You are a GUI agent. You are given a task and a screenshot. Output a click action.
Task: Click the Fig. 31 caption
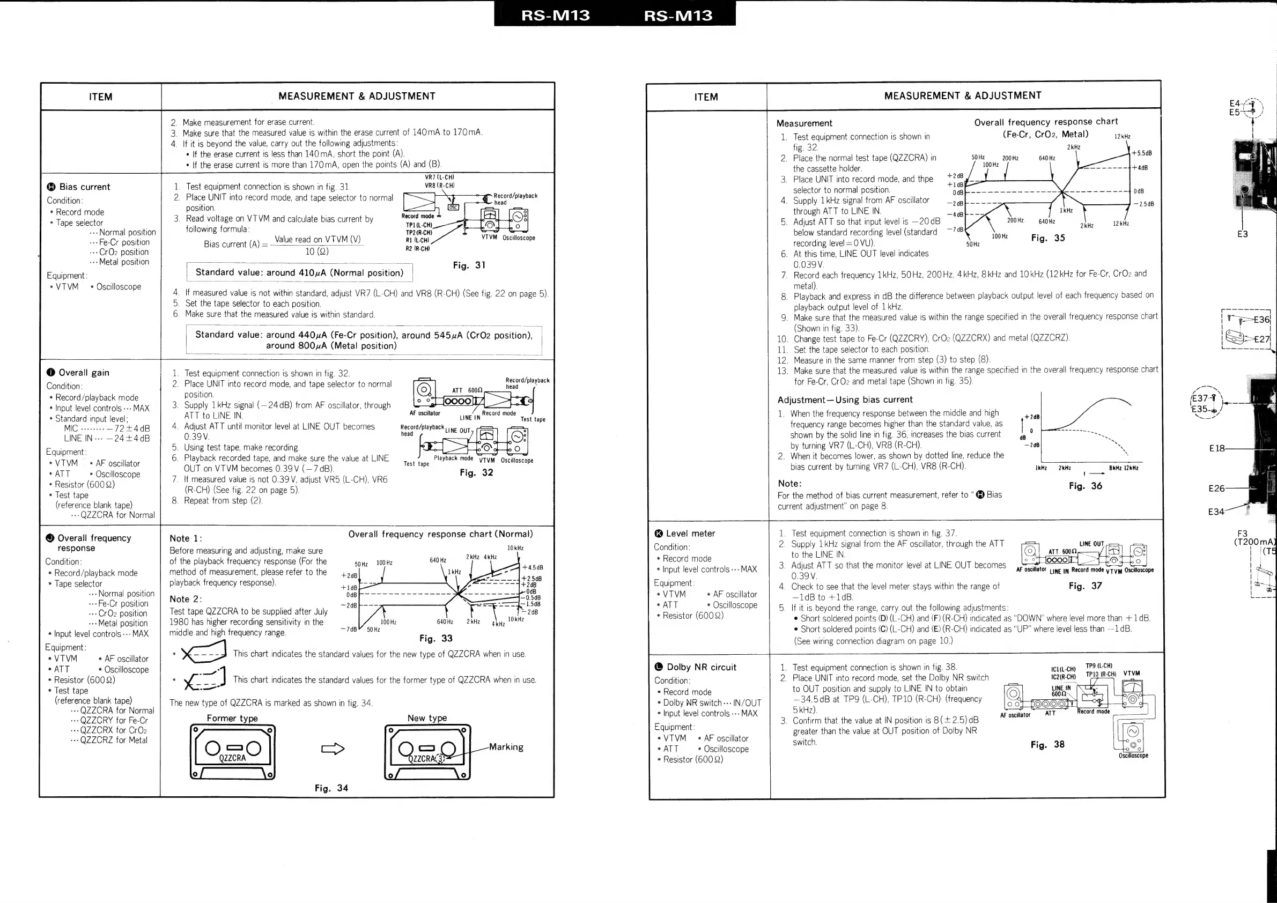[469, 265]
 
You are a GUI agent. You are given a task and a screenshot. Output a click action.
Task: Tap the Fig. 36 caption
[1085, 485]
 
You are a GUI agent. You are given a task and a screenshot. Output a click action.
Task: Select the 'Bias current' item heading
[84, 187]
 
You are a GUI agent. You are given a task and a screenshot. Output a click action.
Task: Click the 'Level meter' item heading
[690, 533]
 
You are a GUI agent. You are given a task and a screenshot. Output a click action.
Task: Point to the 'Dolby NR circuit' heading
[701, 667]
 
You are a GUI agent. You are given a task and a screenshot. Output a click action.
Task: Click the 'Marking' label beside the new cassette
[506, 747]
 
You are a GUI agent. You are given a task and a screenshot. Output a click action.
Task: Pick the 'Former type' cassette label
[232, 718]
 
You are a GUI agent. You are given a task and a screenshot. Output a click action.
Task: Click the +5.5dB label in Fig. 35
[1142, 153]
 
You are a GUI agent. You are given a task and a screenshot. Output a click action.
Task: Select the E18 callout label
[1216, 448]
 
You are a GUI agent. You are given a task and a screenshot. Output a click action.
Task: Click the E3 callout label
[1242, 234]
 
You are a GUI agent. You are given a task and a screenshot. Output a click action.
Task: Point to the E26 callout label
[1216, 488]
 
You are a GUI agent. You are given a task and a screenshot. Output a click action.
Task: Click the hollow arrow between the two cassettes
[333, 749]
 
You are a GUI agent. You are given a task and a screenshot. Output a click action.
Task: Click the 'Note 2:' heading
[186, 599]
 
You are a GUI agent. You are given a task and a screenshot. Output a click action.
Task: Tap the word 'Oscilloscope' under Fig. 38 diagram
[1133, 755]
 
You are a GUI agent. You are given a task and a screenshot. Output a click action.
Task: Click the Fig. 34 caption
[331, 788]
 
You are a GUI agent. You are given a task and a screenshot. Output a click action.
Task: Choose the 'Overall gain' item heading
[84, 373]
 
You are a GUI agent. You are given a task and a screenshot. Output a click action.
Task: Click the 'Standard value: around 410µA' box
[299, 272]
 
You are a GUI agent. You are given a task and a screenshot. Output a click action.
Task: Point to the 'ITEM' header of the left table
[101, 97]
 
